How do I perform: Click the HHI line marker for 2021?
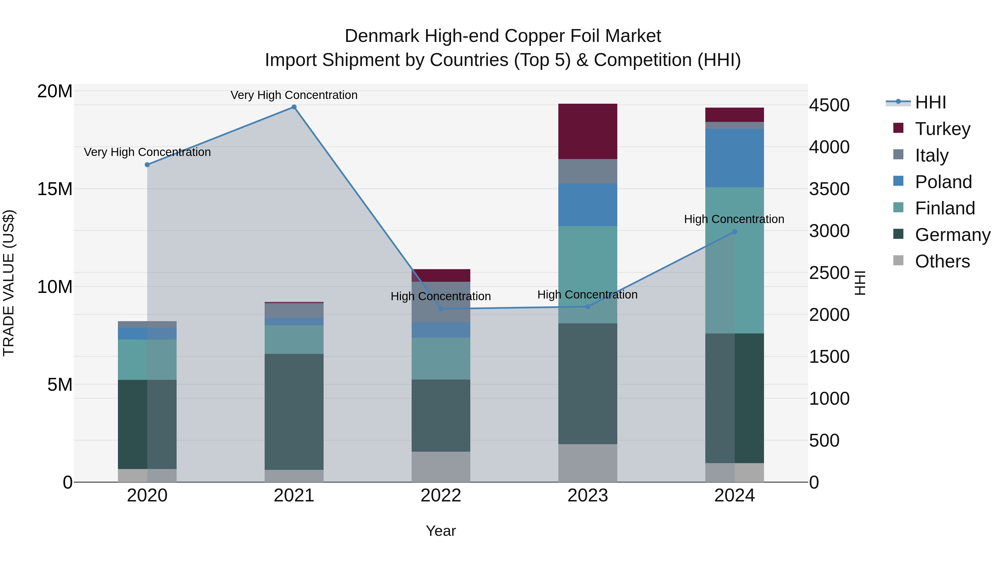pyautogui.click(x=294, y=107)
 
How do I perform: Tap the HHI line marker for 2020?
pyautogui.click(x=147, y=165)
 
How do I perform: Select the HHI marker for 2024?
pyautogui.click(x=734, y=232)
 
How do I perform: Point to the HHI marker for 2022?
pyautogui.click(x=441, y=309)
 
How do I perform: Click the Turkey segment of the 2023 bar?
pyautogui.click(x=587, y=131)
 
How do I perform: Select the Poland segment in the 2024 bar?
pyautogui.click(x=734, y=158)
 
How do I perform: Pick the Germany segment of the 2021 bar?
pyautogui.click(x=294, y=412)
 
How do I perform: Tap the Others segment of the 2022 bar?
pyautogui.click(x=441, y=467)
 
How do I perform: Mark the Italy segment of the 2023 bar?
pyautogui.click(x=587, y=172)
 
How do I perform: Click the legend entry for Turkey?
pyautogui.click(x=942, y=129)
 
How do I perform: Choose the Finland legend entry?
pyautogui.click(x=945, y=208)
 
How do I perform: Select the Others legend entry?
pyautogui.click(x=942, y=261)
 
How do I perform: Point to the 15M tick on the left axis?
pyautogui.click(x=55, y=189)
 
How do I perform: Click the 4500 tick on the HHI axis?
pyautogui.click(x=829, y=105)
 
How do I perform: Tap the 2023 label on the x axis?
pyautogui.click(x=587, y=496)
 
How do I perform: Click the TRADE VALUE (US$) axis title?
pyautogui.click(x=9, y=283)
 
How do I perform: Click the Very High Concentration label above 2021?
pyautogui.click(x=294, y=95)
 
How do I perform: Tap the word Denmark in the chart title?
pyautogui.click(x=382, y=36)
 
